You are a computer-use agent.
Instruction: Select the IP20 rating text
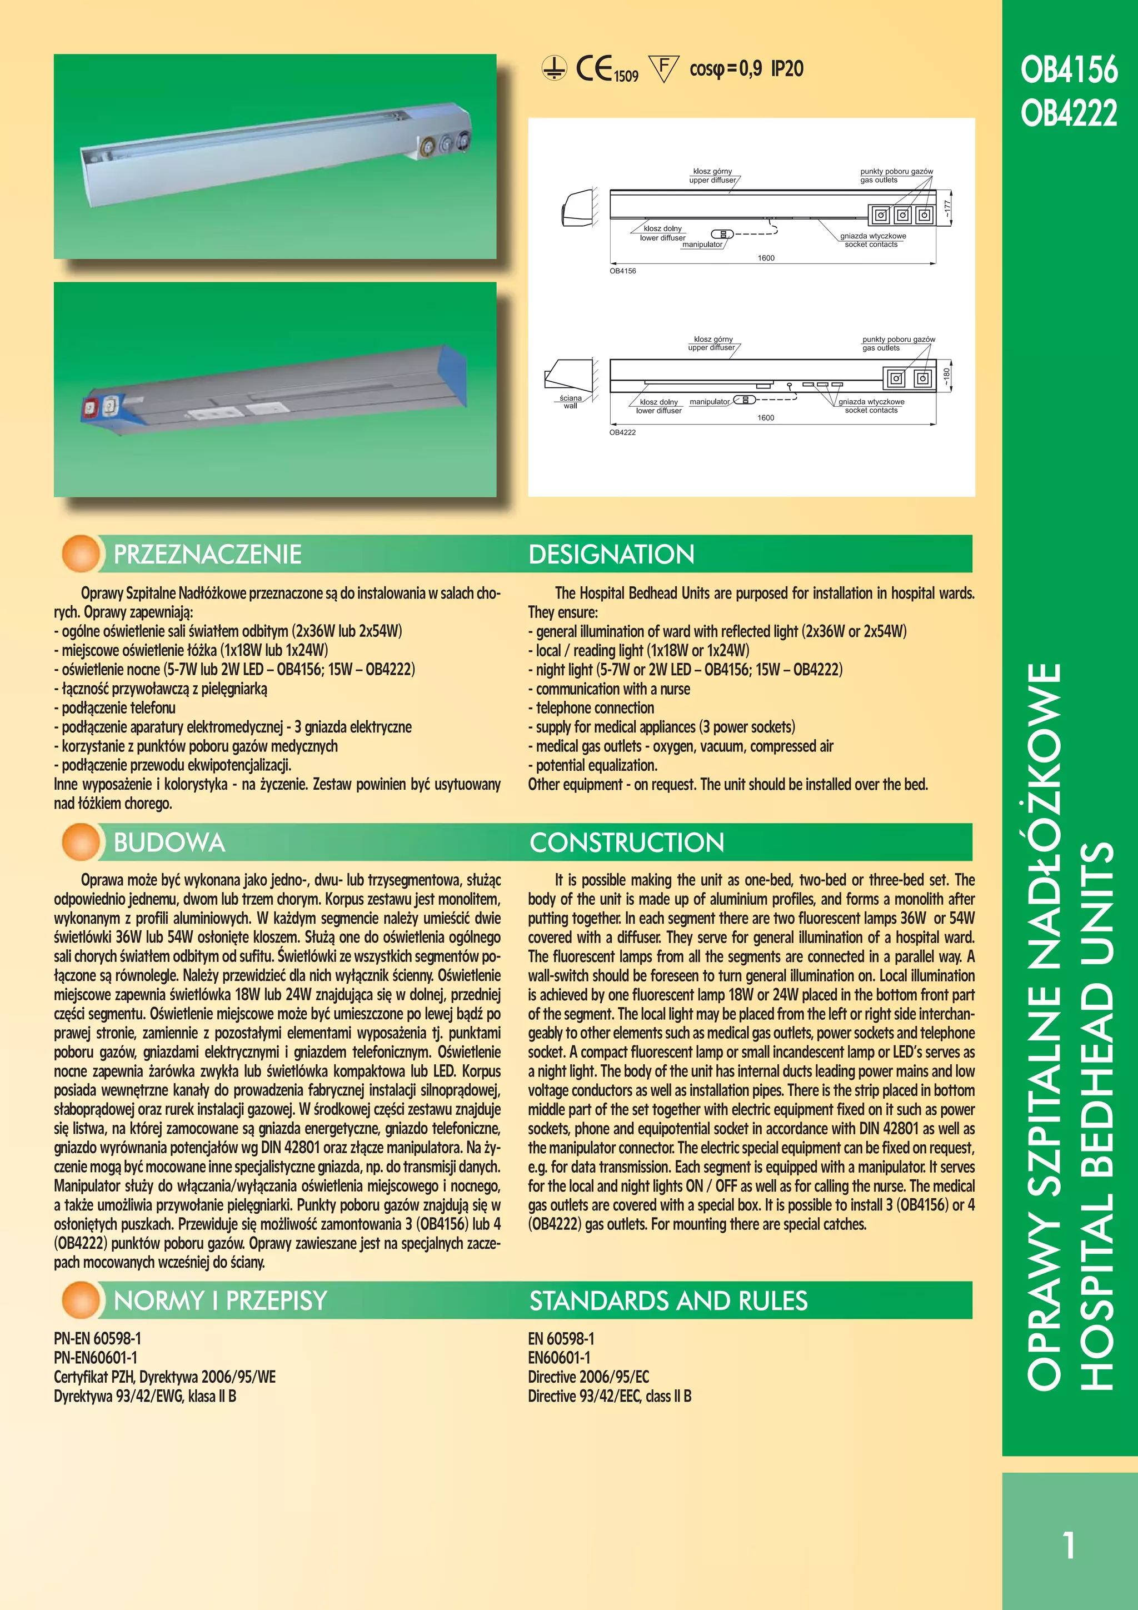click(x=787, y=69)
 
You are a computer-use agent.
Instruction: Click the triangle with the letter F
click(x=663, y=69)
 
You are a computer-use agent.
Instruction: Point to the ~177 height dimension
click(x=947, y=207)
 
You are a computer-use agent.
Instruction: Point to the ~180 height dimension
click(x=947, y=376)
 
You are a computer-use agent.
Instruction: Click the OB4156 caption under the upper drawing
click(x=623, y=271)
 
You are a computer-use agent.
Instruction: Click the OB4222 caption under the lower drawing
click(x=623, y=433)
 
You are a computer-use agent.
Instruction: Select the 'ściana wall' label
click(x=571, y=402)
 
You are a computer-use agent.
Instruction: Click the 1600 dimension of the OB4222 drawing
click(x=766, y=418)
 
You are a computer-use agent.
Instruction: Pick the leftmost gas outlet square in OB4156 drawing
click(x=881, y=215)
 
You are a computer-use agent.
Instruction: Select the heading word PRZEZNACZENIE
click(x=208, y=555)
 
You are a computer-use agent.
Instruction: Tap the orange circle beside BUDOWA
click(x=80, y=841)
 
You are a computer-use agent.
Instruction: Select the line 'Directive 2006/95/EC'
click(x=588, y=1377)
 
